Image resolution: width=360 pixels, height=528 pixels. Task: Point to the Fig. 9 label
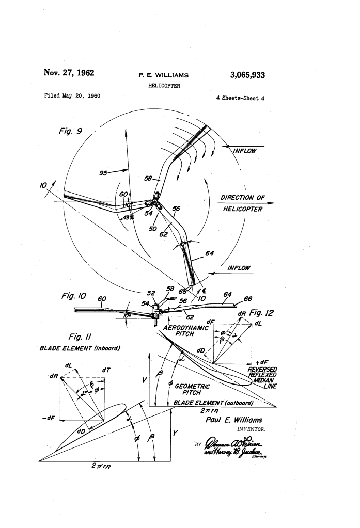67,131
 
